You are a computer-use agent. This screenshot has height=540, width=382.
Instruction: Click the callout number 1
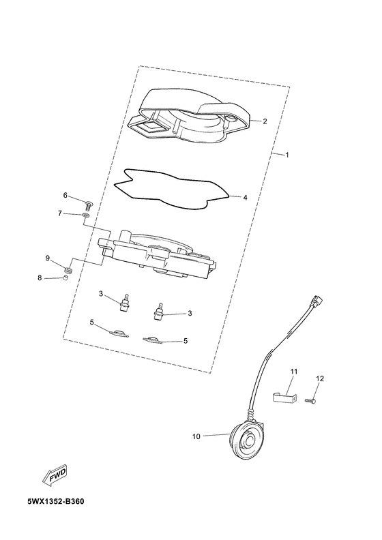tap(286, 155)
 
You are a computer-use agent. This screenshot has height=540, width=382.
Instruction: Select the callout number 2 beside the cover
tap(265, 121)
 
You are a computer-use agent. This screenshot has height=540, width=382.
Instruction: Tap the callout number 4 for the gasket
tap(245, 198)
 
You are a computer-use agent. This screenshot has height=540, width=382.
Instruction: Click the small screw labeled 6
tap(89, 206)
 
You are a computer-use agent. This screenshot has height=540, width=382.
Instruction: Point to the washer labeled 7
tap(86, 215)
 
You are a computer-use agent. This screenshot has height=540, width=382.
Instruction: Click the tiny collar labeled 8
tap(65, 277)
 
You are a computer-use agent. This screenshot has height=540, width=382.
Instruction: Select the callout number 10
tap(196, 436)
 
